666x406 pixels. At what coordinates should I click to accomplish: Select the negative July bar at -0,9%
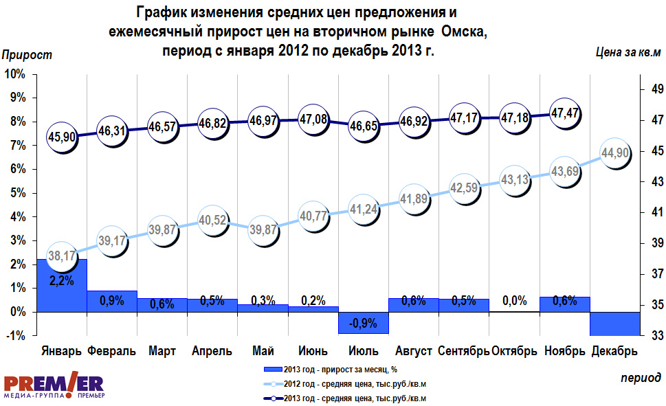pos(364,323)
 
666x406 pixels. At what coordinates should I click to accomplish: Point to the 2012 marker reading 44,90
pos(615,153)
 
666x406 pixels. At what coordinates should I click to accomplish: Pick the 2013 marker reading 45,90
pos(61,137)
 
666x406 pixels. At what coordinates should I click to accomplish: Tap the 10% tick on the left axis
pos(15,74)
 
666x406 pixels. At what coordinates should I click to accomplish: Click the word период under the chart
pos(641,378)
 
